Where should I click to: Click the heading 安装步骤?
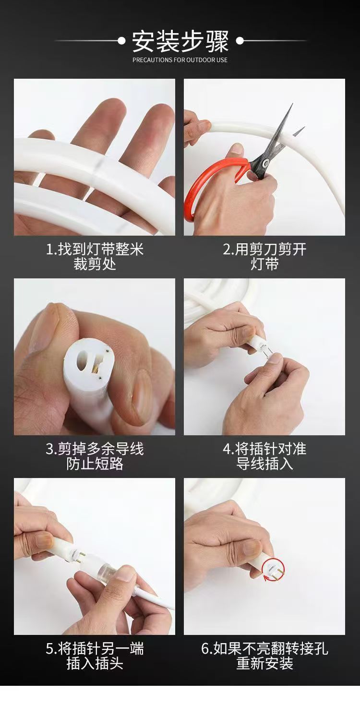(180, 41)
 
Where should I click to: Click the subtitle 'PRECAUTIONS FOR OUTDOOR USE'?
(180, 60)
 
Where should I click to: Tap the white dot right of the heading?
(240, 41)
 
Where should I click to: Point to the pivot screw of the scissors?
(265, 162)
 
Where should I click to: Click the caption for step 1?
(95, 256)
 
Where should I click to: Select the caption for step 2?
(264, 256)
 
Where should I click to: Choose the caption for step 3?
(95, 456)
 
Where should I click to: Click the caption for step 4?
(264, 456)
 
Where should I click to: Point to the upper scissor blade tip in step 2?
(292, 104)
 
